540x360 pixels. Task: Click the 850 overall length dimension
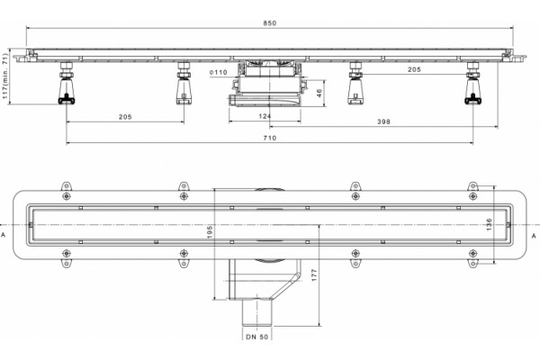[270, 23]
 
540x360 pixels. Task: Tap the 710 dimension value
[270, 138]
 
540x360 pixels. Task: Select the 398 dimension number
[383, 121]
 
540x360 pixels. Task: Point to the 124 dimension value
[265, 116]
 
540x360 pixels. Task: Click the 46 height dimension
[319, 93]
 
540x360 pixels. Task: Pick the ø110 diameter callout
[219, 72]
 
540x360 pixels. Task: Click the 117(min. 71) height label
[4, 76]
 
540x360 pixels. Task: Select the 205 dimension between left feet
[125, 117]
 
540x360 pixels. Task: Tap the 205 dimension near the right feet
[414, 69]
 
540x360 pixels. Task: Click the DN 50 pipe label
[257, 337]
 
